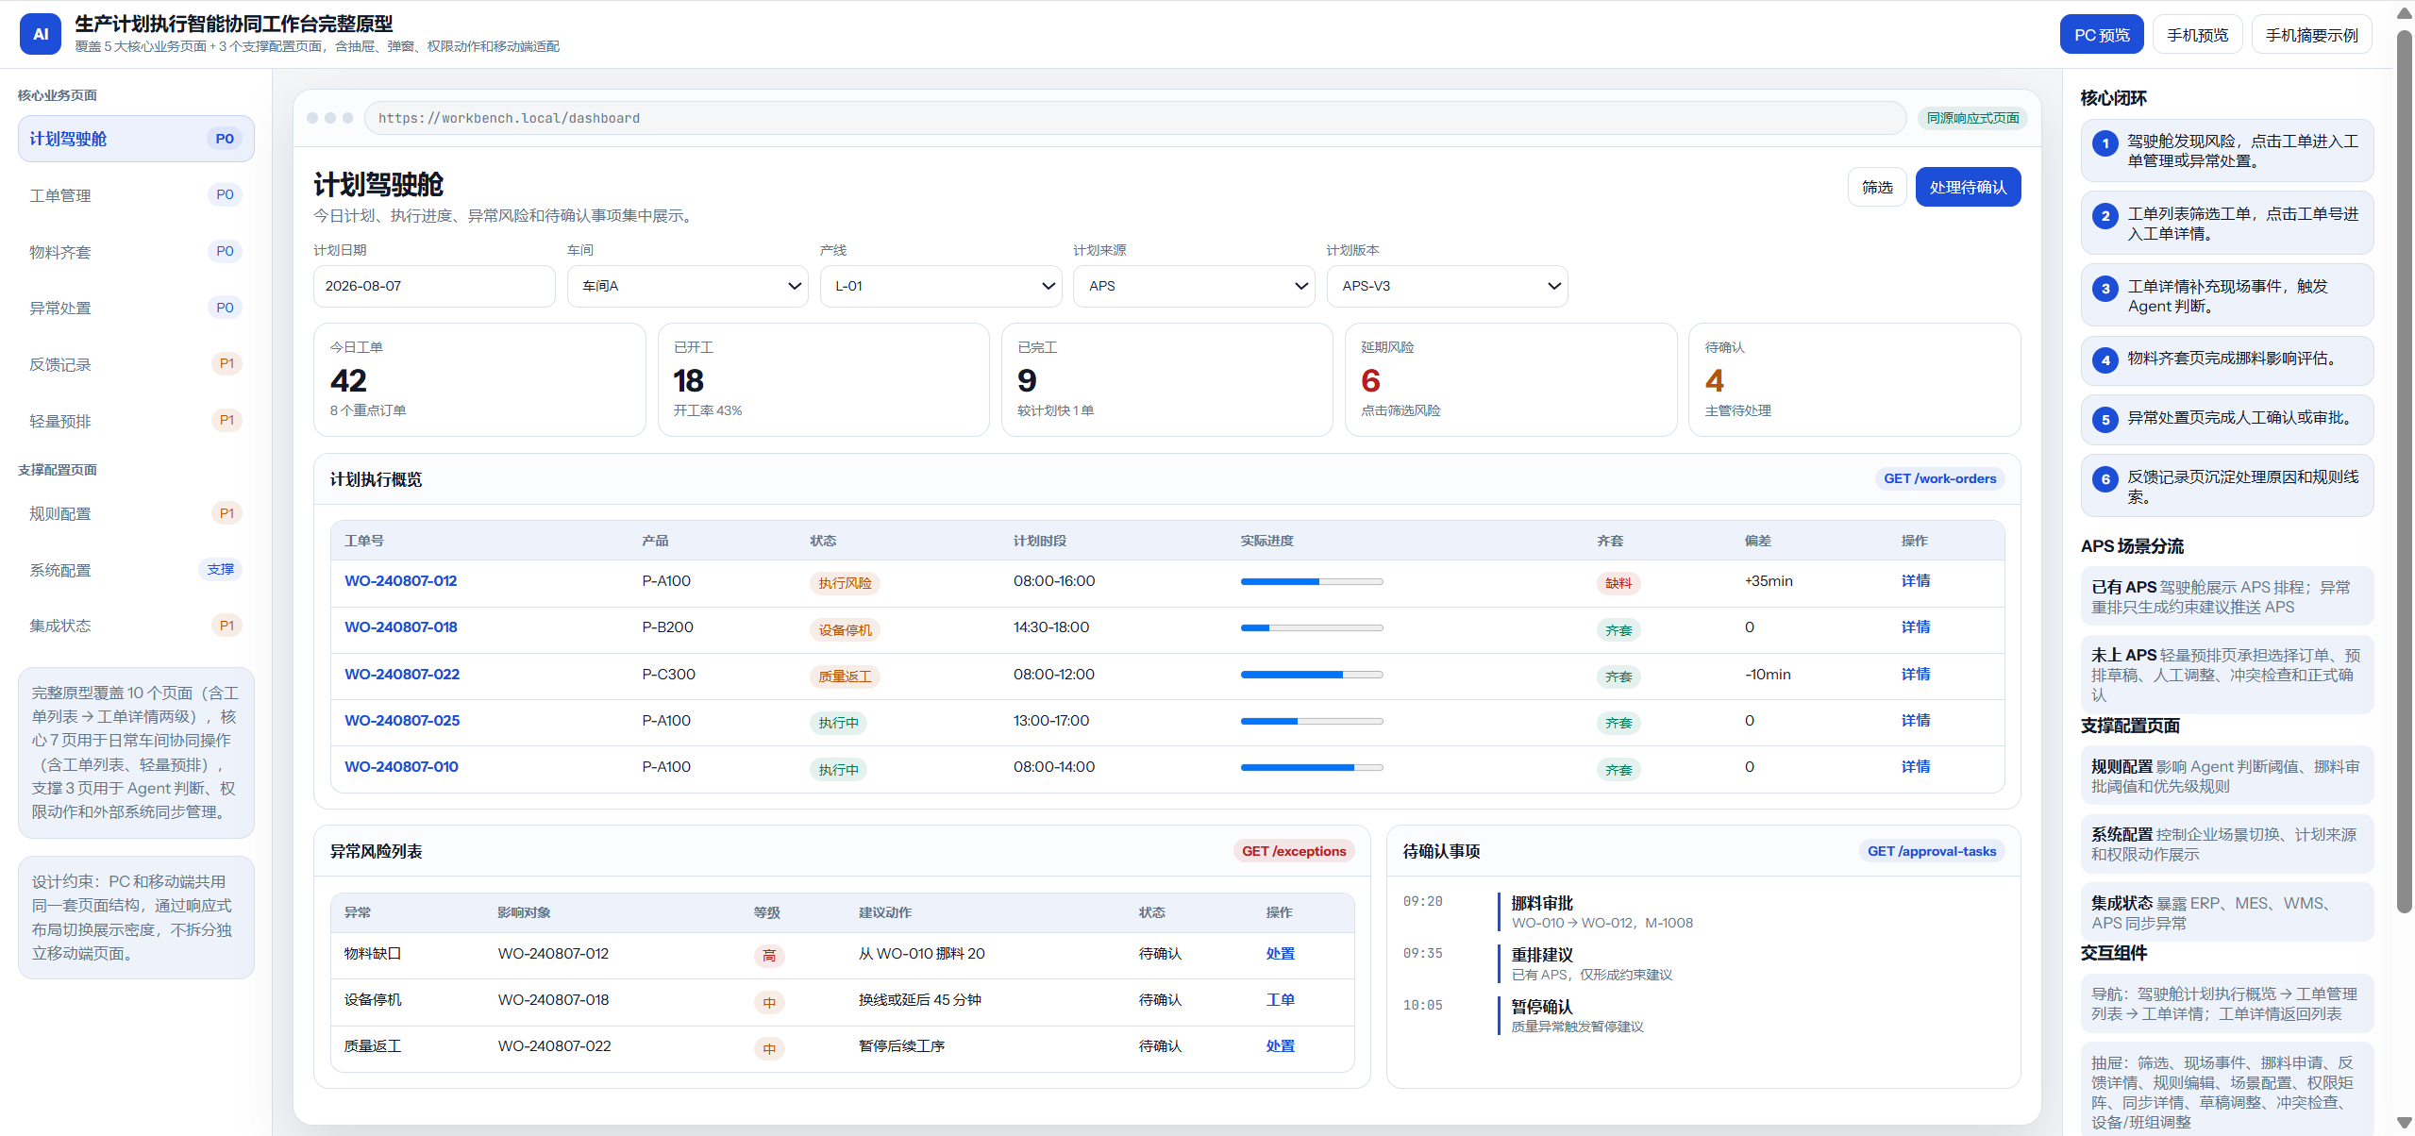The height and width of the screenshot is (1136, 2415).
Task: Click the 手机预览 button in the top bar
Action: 2197,35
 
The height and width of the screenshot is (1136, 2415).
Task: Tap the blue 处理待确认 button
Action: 1968,187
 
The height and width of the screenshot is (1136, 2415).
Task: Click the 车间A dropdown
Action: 687,286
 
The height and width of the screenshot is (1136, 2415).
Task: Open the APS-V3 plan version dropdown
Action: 1447,286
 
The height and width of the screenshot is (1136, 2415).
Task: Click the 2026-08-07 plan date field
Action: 434,286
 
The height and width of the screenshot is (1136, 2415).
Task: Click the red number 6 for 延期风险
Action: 1370,380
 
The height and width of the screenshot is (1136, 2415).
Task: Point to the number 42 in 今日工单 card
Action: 348,380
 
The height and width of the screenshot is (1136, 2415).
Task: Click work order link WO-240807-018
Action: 401,627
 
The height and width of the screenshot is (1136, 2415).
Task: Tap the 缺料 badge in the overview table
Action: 1618,583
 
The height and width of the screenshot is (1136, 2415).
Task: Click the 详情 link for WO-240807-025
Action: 1915,721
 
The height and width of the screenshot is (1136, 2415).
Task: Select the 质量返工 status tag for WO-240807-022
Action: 845,677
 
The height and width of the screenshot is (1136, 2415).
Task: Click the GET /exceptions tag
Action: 1294,851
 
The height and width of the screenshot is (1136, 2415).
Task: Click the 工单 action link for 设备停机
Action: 1280,1000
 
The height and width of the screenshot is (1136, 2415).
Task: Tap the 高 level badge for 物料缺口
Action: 769,956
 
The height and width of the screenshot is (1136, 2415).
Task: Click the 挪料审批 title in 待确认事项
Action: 1542,903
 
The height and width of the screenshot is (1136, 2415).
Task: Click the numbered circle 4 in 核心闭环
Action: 2105,360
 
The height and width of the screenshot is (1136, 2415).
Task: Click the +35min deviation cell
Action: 1769,581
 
